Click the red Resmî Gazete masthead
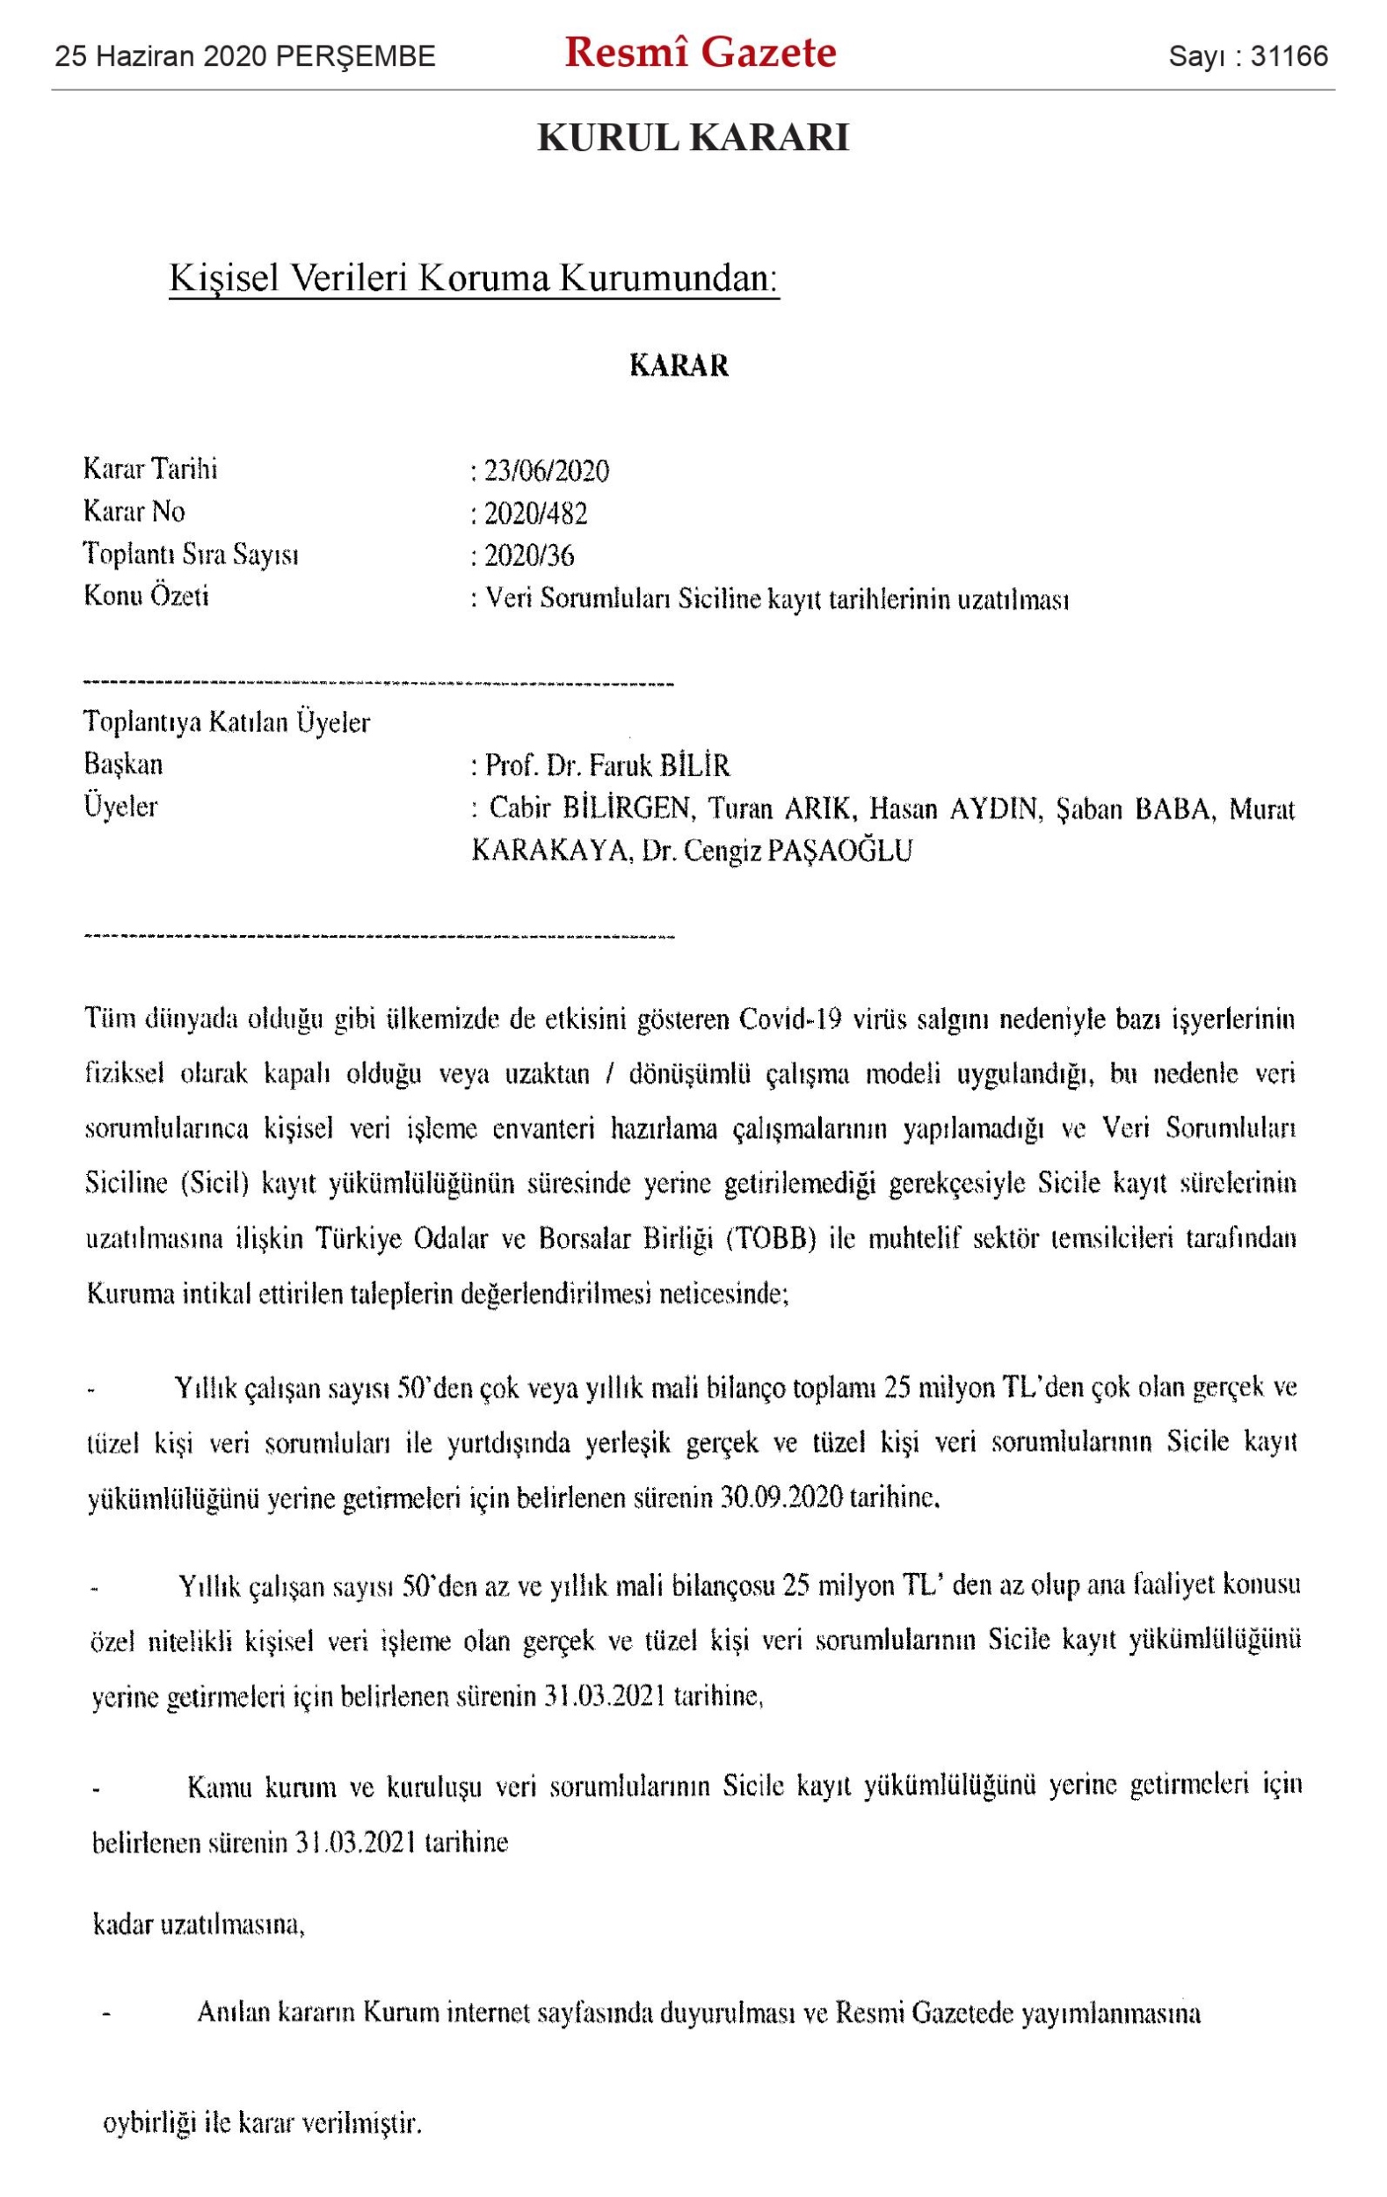coord(700,53)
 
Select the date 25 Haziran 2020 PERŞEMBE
coord(244,57)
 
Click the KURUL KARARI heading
coord(693,138)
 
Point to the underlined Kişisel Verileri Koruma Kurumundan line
coord(474,279)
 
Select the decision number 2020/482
coord(535,514)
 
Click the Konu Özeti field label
coord(146,597)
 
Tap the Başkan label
coord(123,765)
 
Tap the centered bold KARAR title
coord(679,366)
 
